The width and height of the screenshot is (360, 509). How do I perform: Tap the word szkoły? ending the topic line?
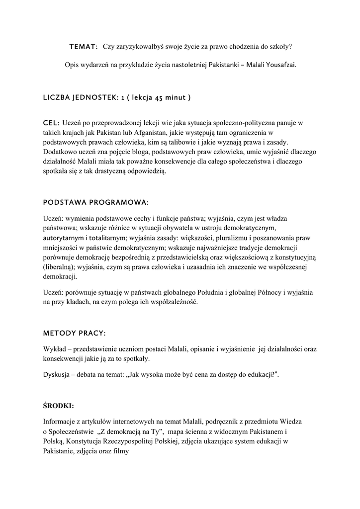(280, 47)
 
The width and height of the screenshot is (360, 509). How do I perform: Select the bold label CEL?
(52, 122)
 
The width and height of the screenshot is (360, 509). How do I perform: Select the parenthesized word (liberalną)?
(59, 266)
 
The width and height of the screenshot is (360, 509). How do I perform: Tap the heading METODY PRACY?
(75, 333)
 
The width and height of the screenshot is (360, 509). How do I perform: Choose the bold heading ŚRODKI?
(59, 406)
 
